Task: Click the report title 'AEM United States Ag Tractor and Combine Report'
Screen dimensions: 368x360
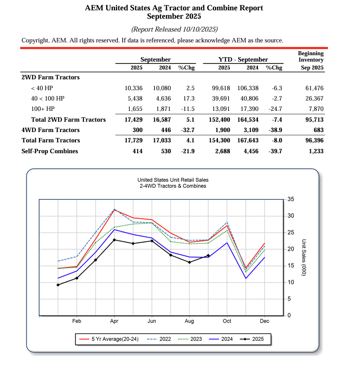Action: pyautogui.click(x=174, y=8)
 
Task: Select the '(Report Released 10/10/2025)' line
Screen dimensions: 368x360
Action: pyautogui.click(x=174, y=30)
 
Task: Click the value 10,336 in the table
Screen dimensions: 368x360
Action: pyautogui.click(x=134, y=88)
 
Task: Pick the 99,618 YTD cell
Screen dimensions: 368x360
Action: pyautogui.click(x=221, y=88)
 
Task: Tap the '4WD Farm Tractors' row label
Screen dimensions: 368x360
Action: pyautogui.click(x=50, y=130)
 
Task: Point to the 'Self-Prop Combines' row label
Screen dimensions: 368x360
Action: pyautogui.click(x=49, y=151)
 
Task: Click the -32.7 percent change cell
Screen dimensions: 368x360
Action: pyautogui.click(x=186, y=130)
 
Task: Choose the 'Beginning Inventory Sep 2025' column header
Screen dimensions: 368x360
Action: pyautogui.click(x=311, y=60)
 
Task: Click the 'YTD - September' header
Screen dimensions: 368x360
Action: pyautogui.click(x=243, y=59)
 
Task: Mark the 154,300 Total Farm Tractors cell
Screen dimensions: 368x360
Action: pyautogui.click(x=219, y=140)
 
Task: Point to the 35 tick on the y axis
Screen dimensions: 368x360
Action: pyautogui.click(x=290, y=200)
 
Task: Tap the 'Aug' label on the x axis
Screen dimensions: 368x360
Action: pyautogui.click(x=189, y=321)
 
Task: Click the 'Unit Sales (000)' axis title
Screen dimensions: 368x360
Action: pyautogui.click(x=304, y=258)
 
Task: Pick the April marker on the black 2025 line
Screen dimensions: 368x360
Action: pyautogui.click(x=114, y=240)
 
